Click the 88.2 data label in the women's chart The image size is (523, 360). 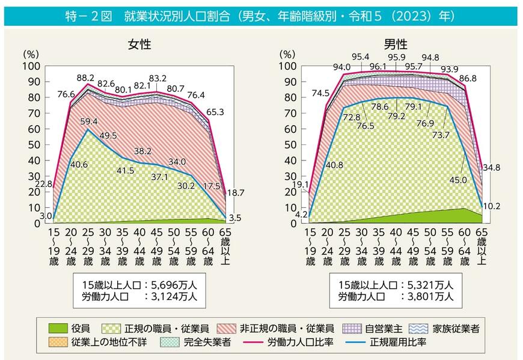pyautogui.click(x=86, y=78)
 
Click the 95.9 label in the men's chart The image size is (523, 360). pyautogui.click(x=396, y=58)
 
